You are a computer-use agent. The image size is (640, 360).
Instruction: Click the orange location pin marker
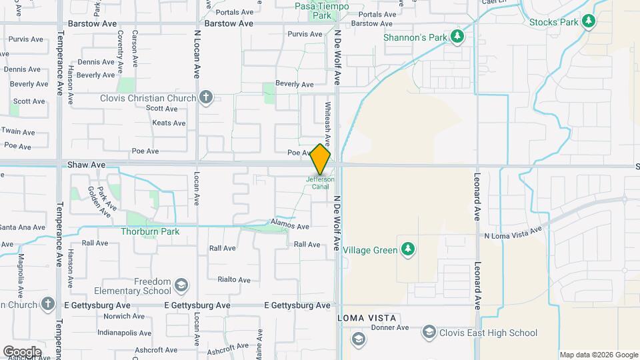(321, 159)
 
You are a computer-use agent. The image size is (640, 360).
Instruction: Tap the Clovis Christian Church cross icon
(206, 99)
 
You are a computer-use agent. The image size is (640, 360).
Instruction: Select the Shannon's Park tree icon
(457, 37)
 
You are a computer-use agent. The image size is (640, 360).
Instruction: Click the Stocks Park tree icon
(588, 21)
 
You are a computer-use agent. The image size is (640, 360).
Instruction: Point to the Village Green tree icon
(408, 251)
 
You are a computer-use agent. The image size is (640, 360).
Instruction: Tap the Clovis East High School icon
(429, 333)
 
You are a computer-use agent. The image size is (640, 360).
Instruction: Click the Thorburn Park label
(150, 232)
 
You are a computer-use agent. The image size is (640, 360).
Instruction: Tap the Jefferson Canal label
(321, 183)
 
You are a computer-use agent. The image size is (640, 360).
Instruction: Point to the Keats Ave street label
(169, 123)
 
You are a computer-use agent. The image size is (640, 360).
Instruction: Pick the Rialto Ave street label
(234, 280)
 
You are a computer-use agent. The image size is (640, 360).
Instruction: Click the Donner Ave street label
(389, 328)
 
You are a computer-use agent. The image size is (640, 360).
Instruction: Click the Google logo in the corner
(22, 352)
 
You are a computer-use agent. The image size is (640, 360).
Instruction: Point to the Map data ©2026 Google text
(599, 355)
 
